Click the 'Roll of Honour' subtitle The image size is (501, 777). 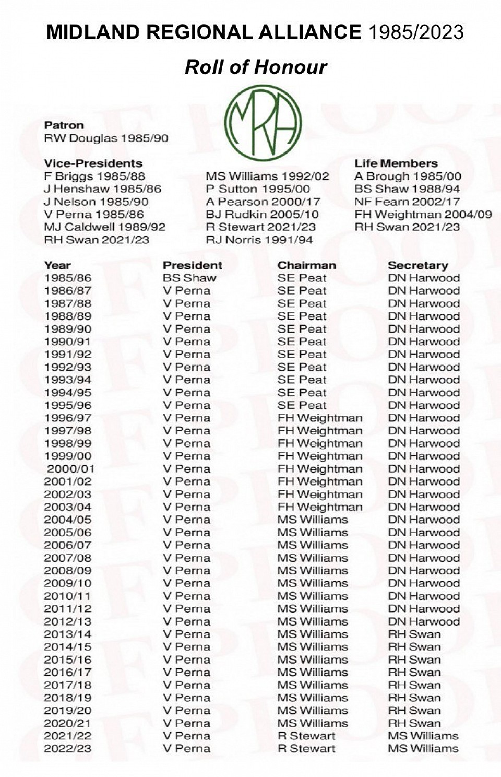[x=256, y=67]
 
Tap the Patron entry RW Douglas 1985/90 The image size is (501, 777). [x=106, y=138]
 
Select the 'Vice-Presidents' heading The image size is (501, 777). [x=93, y=163]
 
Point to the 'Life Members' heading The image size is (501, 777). [x=396, y=163]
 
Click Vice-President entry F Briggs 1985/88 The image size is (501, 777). [x=94, y=176]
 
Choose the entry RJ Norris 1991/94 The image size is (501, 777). [x=259, y=240]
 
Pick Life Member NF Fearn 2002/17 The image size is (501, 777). [x=407, y=202]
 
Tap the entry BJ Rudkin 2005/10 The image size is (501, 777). [x=262, y=214]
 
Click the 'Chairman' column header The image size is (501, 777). [x=306, y=265]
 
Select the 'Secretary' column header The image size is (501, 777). [x=417, y=265]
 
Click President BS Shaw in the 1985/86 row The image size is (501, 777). [x=189, y=278]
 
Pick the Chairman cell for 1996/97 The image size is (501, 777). [x=319, y=418]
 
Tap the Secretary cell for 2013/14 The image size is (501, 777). [x=414, y=634]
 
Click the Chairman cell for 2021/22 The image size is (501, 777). [x=306, y=736]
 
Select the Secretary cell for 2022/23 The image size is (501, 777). [x=423, y=748]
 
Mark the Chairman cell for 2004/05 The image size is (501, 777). [x=313, y=520]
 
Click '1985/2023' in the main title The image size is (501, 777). [x=416, y=32]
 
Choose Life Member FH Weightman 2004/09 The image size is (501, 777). [x=423, y=214]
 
